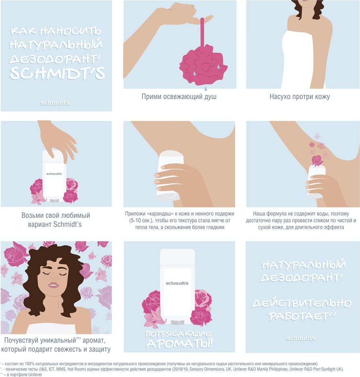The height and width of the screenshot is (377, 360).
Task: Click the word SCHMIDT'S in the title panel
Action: coord(57,73)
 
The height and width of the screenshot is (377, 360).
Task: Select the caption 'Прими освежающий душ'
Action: coord(179,97)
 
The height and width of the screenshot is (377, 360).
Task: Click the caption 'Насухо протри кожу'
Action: coord(300,97)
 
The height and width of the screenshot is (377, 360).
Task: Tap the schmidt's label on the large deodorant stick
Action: coord(177,283)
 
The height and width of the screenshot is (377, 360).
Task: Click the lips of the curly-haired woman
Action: coord(53,285)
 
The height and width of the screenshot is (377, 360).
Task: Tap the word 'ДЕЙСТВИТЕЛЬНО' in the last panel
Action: coord(301,304)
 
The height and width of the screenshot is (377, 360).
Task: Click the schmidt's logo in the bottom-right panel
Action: coord(301,339)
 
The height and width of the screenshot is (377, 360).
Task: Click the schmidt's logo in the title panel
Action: coord(55,103)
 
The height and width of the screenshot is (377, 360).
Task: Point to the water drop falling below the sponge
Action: coord(206,89)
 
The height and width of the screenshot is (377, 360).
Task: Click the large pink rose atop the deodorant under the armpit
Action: coord(317,160)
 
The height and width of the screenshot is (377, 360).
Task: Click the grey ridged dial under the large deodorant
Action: coord(177,322)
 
